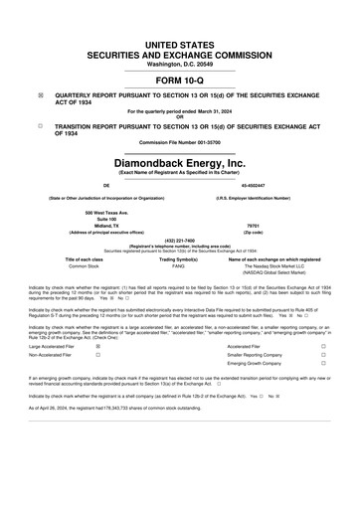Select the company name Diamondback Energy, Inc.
[x=180, y=161]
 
